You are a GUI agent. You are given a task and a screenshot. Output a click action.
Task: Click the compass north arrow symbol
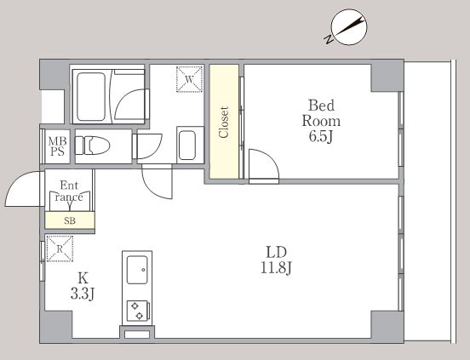point(348,27)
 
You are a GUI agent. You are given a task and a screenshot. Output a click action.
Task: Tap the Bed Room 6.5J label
point(321,121)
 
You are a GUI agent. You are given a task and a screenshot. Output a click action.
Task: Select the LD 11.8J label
point(276,260)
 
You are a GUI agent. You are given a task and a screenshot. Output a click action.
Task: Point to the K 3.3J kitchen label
point(83,286)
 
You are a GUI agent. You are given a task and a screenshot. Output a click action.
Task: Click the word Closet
point(224,123)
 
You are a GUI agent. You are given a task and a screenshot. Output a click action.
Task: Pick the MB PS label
point(57,146)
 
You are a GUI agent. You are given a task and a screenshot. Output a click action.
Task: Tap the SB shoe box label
point(70,221)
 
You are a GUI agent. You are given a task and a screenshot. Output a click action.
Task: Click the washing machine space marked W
point(189,79)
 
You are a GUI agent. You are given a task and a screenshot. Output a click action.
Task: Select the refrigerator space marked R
point(60,249)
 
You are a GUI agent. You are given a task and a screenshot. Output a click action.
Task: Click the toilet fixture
point(92,146)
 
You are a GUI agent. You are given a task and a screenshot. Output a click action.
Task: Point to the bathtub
point(91,96)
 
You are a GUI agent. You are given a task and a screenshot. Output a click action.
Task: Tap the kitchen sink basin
point(137,270)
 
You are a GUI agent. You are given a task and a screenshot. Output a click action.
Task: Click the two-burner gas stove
point(138,311)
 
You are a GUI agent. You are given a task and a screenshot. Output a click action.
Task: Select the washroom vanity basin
point(187,146)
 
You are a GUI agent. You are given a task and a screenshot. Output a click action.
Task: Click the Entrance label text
point(69,191)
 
